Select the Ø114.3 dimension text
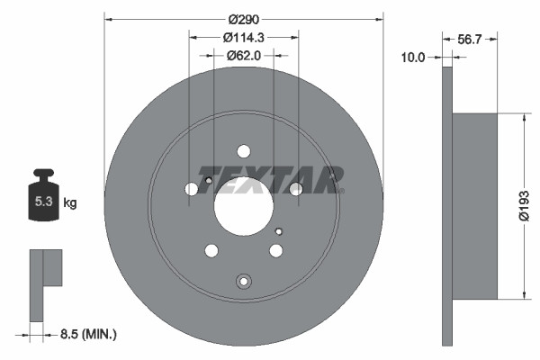(244, 37)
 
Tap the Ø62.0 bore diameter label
(244, 55)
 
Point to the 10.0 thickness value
(413, 57)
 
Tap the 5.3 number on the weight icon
(43, 203)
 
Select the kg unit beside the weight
(70, 203)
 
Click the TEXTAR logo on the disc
(271, 179)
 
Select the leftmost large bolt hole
(191, 190)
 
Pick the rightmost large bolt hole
(296, 189)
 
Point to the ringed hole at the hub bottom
(243, 281)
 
